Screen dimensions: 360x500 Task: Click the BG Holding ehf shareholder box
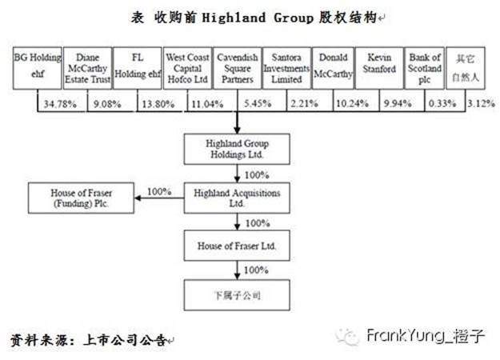click(x=35, y=69)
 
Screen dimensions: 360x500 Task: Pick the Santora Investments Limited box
click(x=286, y=69)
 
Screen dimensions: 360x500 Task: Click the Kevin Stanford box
click(x=382, y=69)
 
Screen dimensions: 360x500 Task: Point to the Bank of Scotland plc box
click(x=425, y=69)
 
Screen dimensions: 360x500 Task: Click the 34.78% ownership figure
click(x=59, y=103)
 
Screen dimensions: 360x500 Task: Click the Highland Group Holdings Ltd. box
click(x=237, y=149)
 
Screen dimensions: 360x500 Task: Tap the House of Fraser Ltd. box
click(x=237, y=246)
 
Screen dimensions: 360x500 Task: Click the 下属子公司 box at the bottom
click(x=237, y=295)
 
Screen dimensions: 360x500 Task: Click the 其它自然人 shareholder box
click(x=466, y=69)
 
